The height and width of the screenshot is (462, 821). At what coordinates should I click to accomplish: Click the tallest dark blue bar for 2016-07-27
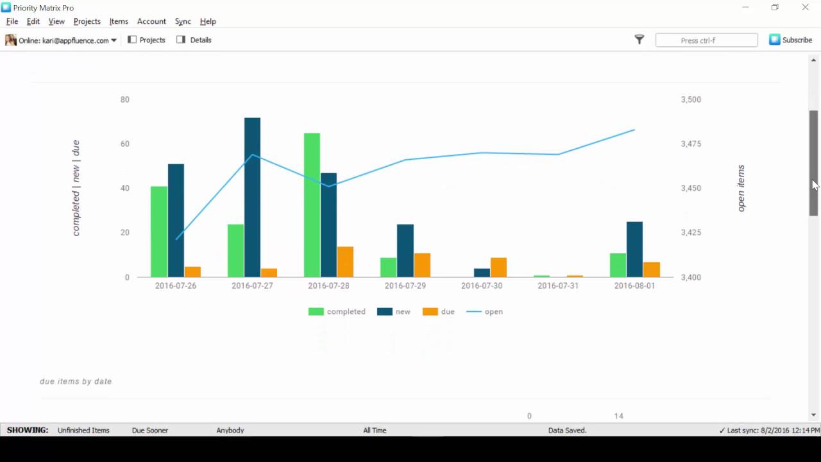(x=252, y=198)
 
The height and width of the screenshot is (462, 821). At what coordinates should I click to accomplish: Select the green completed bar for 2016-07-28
(x=312, y=205)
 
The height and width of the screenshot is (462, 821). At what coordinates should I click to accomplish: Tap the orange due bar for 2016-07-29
(x=422, y=265)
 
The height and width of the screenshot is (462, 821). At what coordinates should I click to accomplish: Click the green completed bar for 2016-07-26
(x=159, y=232)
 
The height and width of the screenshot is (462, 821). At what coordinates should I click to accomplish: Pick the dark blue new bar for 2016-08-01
(x=634, y=250)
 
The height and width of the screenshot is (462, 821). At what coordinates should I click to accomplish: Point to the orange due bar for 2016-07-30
(x=498, y=268)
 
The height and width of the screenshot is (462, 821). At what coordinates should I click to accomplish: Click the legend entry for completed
(x=337, y=312)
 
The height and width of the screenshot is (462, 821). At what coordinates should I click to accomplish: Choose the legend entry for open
(x=485, y=312)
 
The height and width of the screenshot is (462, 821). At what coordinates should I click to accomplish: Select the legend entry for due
(x=439, y=312)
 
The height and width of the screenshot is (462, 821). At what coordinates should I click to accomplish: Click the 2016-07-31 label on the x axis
(x=558, y=286)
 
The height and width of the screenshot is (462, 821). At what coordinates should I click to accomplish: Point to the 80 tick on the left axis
(x=124, y=99)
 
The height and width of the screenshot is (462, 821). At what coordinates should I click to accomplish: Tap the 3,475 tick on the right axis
(x=691, y=144)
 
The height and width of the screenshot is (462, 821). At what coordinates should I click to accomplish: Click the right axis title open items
(x=741, y=188)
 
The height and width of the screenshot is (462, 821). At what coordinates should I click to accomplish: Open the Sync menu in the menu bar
(x=183, y=21)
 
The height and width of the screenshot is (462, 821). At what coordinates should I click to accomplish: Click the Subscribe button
(x=791, y=40)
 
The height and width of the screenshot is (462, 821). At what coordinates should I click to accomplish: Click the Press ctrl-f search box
(x=706, y=40)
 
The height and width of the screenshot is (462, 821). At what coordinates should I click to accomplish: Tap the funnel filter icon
(x=639, y=40)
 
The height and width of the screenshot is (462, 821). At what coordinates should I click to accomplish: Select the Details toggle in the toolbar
(x=194, y=40)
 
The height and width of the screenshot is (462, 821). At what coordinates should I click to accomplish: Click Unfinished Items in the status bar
(x=83, y=431)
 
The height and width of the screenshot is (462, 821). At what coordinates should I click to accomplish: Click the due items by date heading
(x=76, y=381)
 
